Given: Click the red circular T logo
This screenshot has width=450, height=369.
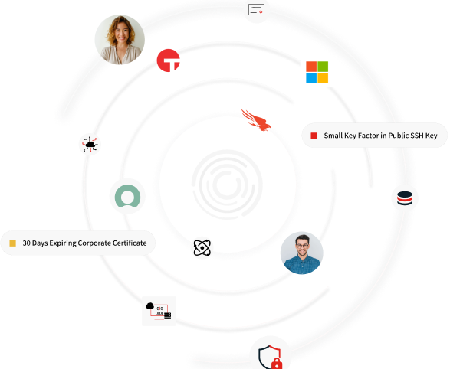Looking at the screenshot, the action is (168, 60).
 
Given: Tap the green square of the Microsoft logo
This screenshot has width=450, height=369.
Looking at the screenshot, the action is (323, 67).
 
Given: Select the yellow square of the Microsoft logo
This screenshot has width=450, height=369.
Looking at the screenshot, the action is (323, 78).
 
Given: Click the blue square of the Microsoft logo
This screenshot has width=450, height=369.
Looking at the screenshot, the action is (311, 78).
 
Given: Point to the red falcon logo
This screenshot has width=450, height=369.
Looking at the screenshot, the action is (256, 120).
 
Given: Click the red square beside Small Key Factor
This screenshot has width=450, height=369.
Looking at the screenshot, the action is (314, 136).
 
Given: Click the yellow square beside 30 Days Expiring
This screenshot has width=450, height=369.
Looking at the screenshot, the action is (12, 243).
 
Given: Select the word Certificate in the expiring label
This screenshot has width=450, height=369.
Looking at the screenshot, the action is (130, 243).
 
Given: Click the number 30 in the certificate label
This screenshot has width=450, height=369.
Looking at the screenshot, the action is (26, 243).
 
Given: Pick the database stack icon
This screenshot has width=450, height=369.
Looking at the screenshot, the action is (405, 198).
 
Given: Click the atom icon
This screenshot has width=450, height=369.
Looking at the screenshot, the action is (202, 247).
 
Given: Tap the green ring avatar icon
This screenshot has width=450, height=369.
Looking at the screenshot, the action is (128, 196).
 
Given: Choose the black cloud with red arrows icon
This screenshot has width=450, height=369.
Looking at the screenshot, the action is (90, 145).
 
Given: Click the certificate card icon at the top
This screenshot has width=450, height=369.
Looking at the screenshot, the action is (256, 9).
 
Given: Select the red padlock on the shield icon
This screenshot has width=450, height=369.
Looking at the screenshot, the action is (277, 364).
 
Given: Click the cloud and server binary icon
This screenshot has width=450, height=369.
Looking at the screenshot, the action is (159, 311).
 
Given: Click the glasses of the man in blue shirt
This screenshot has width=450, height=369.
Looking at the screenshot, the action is (302, 246).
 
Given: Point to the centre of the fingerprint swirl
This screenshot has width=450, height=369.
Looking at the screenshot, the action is (227, 184).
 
